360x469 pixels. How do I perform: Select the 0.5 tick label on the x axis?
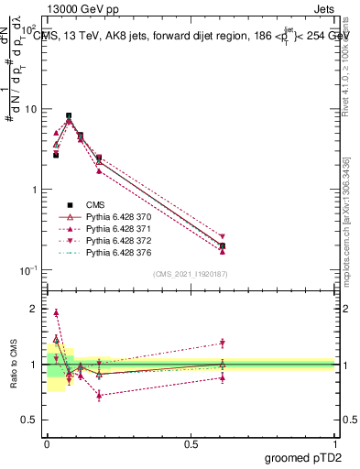pyautogui.click(x=191, y=443)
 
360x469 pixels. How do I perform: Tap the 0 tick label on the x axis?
pyautogui.click(x=47, y=443)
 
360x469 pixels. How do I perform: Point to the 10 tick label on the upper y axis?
pyautogui.click(x=29, y=109)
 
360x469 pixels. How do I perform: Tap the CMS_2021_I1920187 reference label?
pyautogui.click(x=191, y=274)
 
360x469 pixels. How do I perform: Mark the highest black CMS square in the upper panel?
pyautogui.click(x=69, y=116)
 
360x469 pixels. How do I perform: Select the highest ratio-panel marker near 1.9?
pyautogui.click(x=56, y=312)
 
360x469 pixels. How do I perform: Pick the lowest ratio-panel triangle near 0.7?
pyautogui.click(x=99, y=395)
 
